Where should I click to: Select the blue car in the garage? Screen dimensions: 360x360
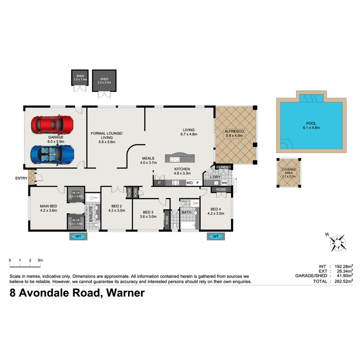pyautogui.click(x=52, y=154)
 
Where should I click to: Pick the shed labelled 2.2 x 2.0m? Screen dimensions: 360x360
pyautogui.click(x=104, y=80)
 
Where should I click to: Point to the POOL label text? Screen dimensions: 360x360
pyautogui.click(x=311, y=123)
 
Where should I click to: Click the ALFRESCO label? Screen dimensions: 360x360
pyautogui.click(x=235, y=131)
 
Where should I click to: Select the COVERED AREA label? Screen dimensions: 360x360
pyautogui.click(x=289, y=171)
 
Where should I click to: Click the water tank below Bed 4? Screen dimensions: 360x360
pyautogui.click(x=216, y=237)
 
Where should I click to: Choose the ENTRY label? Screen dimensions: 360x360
pyautogui.click(x=21, y=178)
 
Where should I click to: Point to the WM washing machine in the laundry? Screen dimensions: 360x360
pyautogui.click(x=224, y=183)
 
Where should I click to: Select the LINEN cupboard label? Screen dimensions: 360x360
pyautogui.click(x=223, y=167)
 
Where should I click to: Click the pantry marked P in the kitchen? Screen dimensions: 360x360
pyautogui.click(x=159, y=183)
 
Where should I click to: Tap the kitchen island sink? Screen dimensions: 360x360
pyautogui.click(x=175, y=159)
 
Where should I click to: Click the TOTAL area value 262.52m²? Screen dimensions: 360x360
pyautogui.click(x=343, y=281)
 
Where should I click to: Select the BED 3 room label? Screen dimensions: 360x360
pyautogui.click(x=148, y=212)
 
